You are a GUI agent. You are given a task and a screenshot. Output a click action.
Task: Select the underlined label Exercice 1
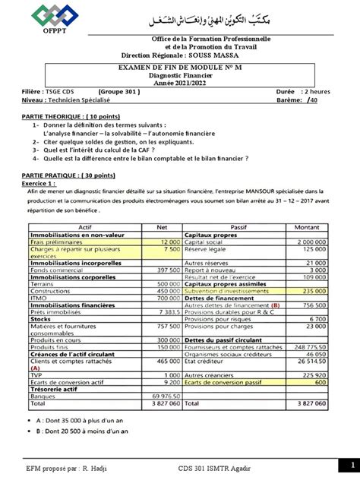(39, 183)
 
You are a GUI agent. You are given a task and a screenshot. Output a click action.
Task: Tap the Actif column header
(85, 226)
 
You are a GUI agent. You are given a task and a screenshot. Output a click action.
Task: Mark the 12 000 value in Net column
(175, 242)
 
